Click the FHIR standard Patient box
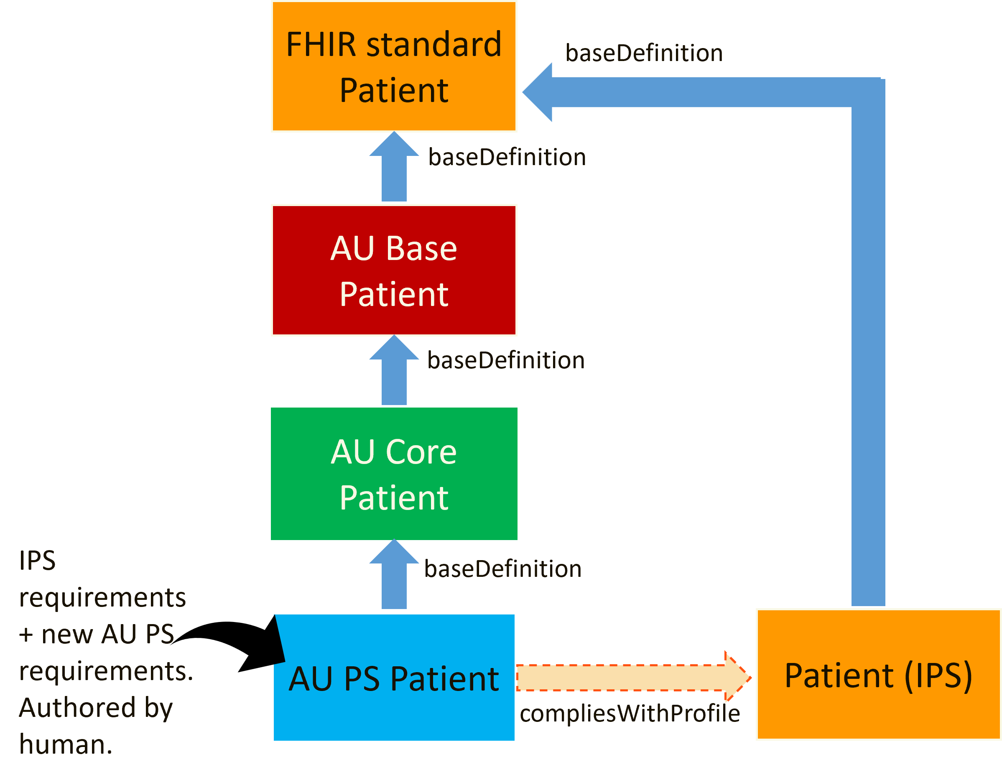pos(394,66)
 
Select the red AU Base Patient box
pos(394,270)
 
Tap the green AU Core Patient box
pos(394,474)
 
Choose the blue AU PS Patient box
pos(394,678)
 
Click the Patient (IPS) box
pos(878,675)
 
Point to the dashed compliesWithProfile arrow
pos(633,678)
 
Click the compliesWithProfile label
pos(630,714)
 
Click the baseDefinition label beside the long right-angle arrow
pos(644,53)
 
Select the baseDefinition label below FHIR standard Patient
pos(507,157)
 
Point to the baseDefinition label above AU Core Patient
pos(506,361)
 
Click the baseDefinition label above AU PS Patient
pos(503,569)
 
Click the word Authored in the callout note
pos(77,708)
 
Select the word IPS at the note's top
pos(37,561)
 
